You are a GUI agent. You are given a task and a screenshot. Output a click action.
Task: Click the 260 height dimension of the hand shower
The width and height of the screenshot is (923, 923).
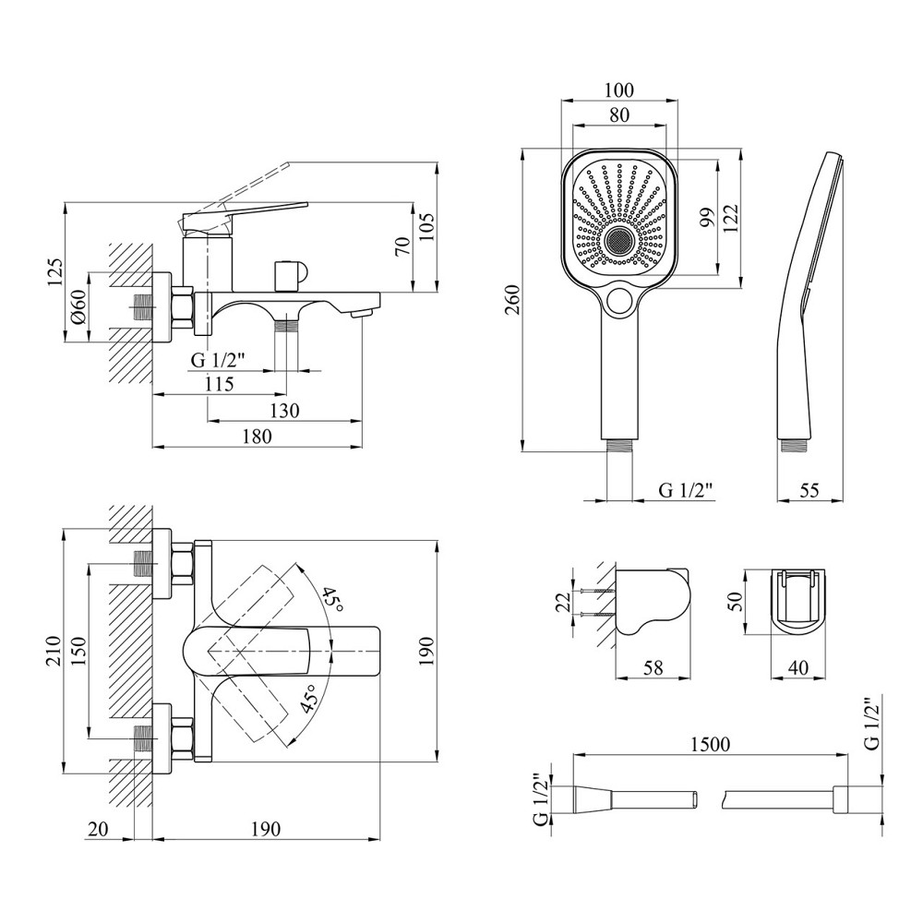click(x=514, y=301)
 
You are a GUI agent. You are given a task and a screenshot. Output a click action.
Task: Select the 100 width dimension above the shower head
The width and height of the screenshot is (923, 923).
click(x=618, y=90)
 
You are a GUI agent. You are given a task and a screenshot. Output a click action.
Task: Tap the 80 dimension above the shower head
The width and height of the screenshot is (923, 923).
click(x=618, y=116)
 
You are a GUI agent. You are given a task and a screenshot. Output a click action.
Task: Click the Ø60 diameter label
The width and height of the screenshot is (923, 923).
click(x=79, y=306)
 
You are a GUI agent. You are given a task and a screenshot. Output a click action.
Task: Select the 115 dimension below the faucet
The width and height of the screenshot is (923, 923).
click(x=219, y=385)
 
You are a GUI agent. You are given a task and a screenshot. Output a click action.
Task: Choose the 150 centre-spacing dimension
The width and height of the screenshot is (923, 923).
click(x=79, y=652)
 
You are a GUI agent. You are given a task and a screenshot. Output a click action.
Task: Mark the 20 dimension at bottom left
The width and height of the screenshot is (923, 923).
click(x=96, y=829)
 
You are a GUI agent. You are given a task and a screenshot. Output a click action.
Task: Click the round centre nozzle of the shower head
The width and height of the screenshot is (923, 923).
click(x=617, y=242)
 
